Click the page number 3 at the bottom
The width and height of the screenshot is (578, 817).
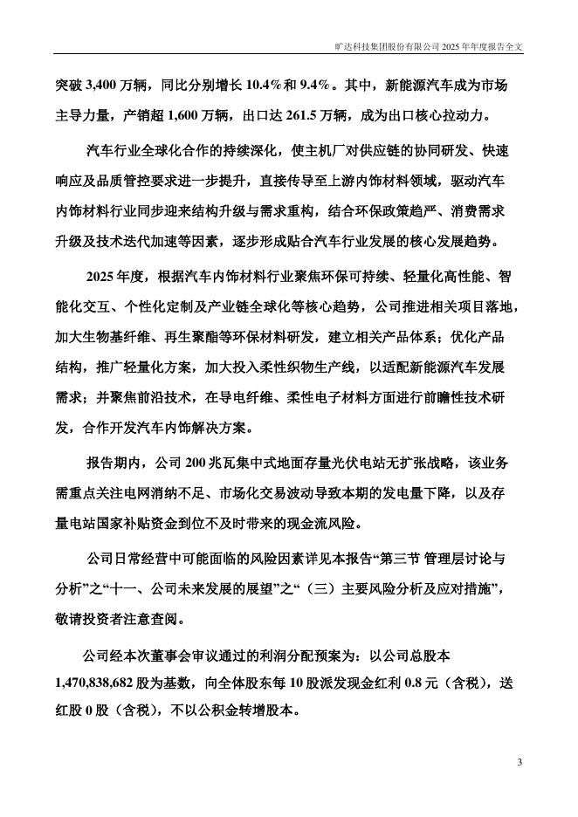point(520,763)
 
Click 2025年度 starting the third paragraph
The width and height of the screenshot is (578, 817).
point(118,277)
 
